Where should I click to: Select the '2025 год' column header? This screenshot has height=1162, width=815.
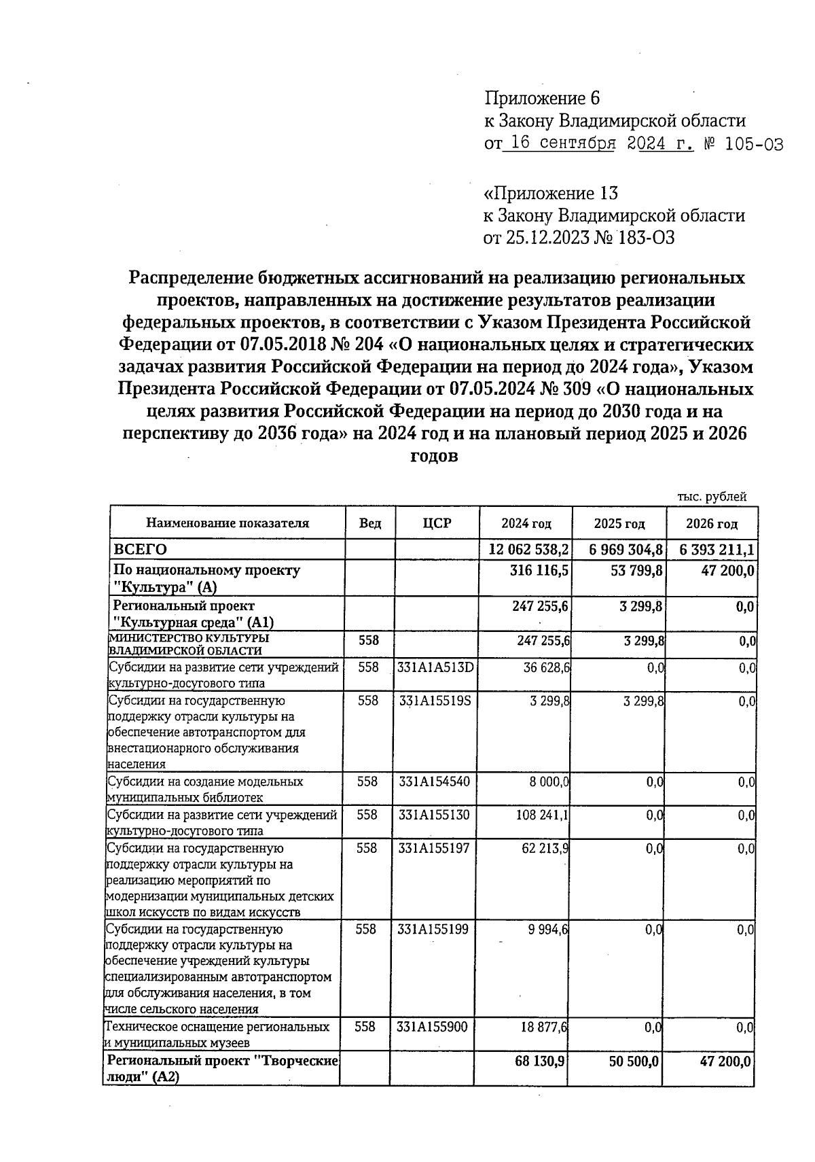tap(619, 524)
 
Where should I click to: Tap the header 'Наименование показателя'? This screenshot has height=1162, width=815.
tap(228, 523)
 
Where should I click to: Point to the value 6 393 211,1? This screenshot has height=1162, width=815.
tap(712, 549)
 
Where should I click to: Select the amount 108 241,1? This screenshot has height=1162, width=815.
tap(543, 815)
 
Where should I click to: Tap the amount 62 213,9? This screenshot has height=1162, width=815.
tap(545, 848)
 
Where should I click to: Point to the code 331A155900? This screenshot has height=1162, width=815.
tap(433, 1027)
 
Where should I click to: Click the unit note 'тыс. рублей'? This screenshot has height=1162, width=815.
tap(712, 497)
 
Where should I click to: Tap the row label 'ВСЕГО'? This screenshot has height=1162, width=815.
tap(140, 549)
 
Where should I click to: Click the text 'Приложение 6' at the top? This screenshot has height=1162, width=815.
tap(542, 99)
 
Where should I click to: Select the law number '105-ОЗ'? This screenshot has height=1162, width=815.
tap(753, 144)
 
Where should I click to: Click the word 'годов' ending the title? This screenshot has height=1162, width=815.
tap(435, 456)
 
